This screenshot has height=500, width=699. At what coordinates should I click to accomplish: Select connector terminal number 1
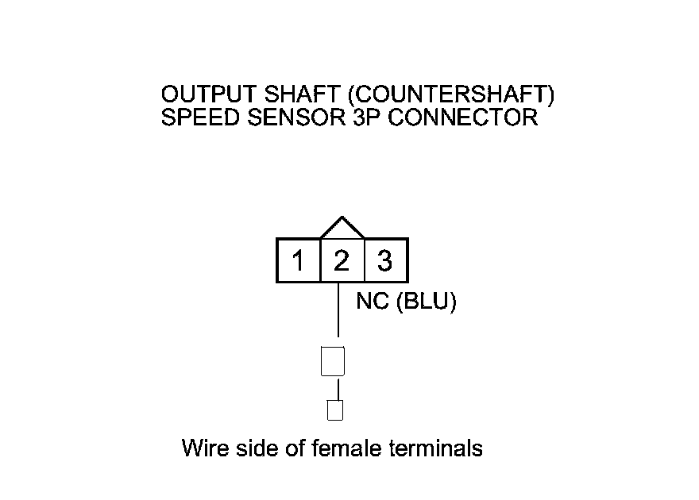[x=298, y=260]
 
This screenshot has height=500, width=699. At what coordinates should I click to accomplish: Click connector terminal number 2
[x=342, y=260]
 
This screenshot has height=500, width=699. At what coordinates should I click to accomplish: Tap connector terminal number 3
[x=385, y=260]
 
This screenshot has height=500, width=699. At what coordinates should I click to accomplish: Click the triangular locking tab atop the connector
[x=342, y=229]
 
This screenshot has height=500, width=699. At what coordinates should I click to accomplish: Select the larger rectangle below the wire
[x=332, y=361]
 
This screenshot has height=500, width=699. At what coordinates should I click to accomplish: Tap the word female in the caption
[x=346, y=448]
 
